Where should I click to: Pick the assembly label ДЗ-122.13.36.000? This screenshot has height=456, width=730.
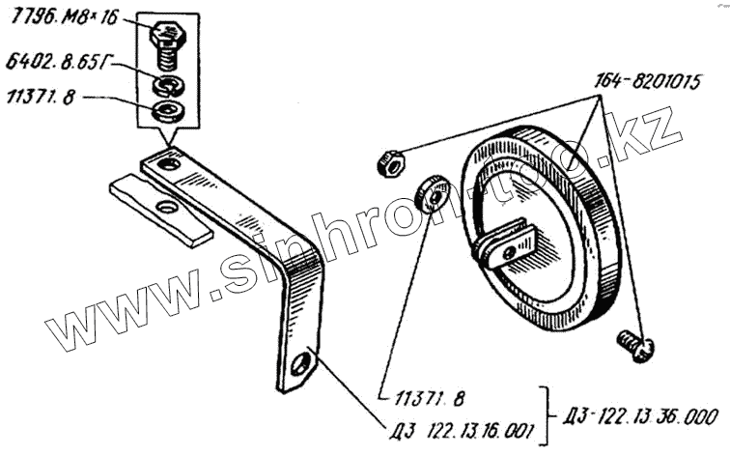coord(640,417)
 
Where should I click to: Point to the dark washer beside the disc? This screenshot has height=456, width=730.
coord(429,192)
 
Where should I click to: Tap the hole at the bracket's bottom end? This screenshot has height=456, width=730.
coord(306,363)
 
